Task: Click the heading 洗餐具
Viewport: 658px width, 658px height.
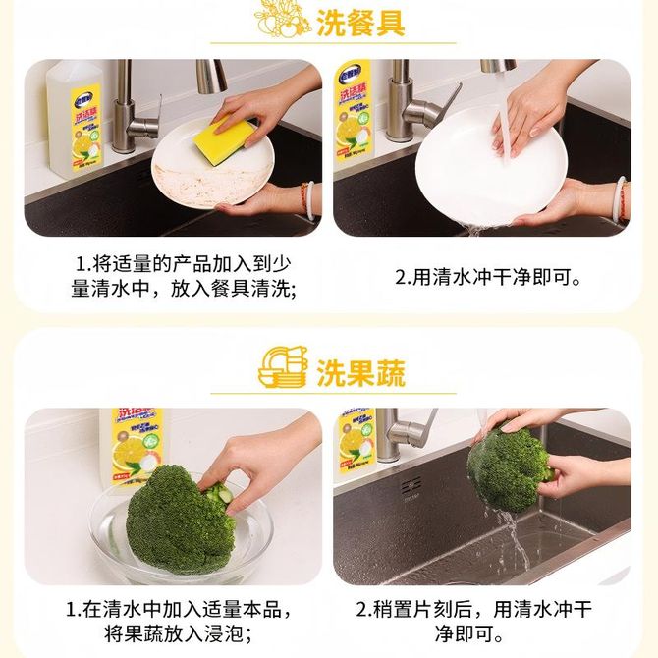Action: pyautogui.click(x=360, y=24)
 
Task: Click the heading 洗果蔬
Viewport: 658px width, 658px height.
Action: pyautogui.click(x=360, y=372)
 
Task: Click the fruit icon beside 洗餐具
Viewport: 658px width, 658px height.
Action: pyautogui.click(x=282, y=19)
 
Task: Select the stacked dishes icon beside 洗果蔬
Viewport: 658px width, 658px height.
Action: pyautogui.click(x=283, y=366)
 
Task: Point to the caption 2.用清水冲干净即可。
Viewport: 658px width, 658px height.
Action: pyautogui.click(x=488, y=277)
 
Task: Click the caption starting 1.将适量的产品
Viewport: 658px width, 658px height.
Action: pyautogui.click(x=184, y=277)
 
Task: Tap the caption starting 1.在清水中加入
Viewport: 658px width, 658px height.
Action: pyautogui.click(x=179, y=621)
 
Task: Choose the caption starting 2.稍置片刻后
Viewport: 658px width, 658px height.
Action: pyautogui.click(x=474, y=621)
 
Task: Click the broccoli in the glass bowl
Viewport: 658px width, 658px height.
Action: pyautogui.click(x=181, y=521)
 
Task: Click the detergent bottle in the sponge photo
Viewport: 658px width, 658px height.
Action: pyautogui.click(x=75, y=120)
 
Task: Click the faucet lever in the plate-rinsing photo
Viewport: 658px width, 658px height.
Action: pyautogui.click(x=447, y=103)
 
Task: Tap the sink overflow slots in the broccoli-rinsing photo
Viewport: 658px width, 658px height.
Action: pyautogui.click(x=411, y=487)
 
